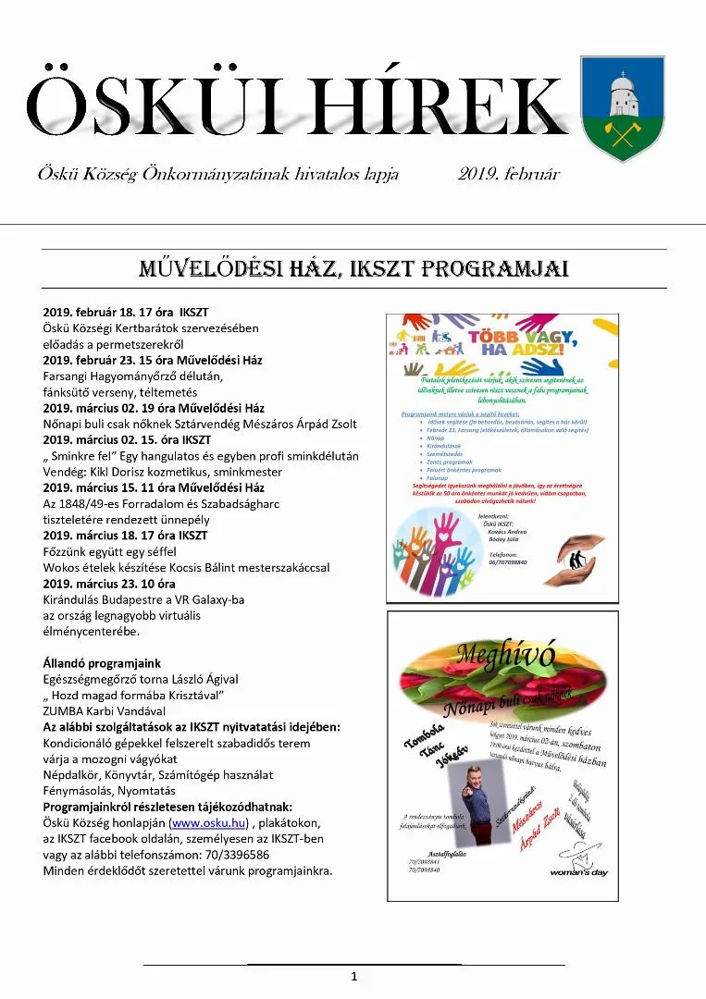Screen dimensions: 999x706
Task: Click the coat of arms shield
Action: (x=622, y=108)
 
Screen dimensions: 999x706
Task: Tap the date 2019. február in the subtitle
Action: (x=508, y=174)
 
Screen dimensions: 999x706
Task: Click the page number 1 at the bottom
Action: (x=353, y=977)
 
